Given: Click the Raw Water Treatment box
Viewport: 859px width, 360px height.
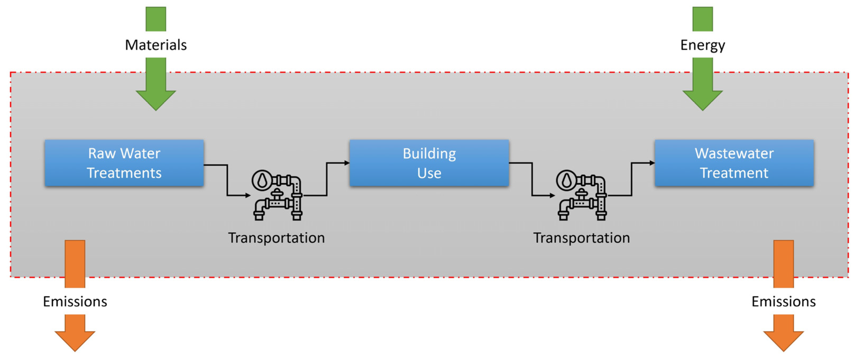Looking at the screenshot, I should pos(124,163).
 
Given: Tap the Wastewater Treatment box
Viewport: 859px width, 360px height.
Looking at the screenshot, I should pos(734,163).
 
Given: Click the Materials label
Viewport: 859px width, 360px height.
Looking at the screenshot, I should pos(156,45).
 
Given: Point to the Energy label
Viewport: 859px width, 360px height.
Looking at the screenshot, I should pos(702,45).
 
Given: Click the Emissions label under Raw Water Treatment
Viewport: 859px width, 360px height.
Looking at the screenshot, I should pos(75,301).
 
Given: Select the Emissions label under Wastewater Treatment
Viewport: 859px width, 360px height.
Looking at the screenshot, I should pos(783,301).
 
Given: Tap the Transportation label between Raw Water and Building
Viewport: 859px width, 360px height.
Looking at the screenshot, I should pos(276,238).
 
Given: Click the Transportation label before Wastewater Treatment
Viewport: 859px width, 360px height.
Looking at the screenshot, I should pos(581,238).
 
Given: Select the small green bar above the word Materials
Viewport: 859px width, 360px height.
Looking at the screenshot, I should pos(156,19).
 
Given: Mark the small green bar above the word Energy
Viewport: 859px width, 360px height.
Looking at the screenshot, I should pos(702,19).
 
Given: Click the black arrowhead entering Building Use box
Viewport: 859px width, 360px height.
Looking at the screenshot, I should pos(347,163).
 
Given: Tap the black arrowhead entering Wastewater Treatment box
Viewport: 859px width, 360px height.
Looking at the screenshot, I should pos(652,163).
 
